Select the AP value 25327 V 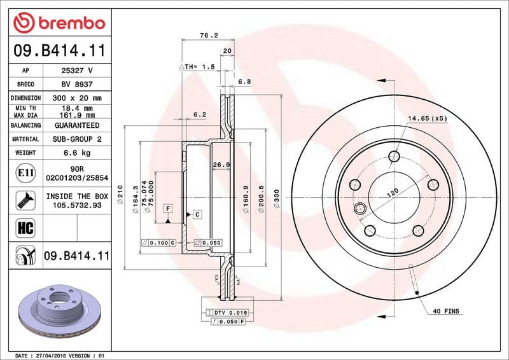click(x=77, y=71)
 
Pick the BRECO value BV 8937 click(x=77, y=84)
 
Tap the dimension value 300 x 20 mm click(x=77, y=98)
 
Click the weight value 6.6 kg click(x=77, y=153)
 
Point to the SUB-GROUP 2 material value click(x=77, y=139)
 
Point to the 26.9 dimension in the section click(x=220, y=165)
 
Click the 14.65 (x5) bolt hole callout click(x=428, y=119)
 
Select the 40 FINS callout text click(x=445, y=311)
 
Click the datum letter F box click(x=167, y=208)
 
